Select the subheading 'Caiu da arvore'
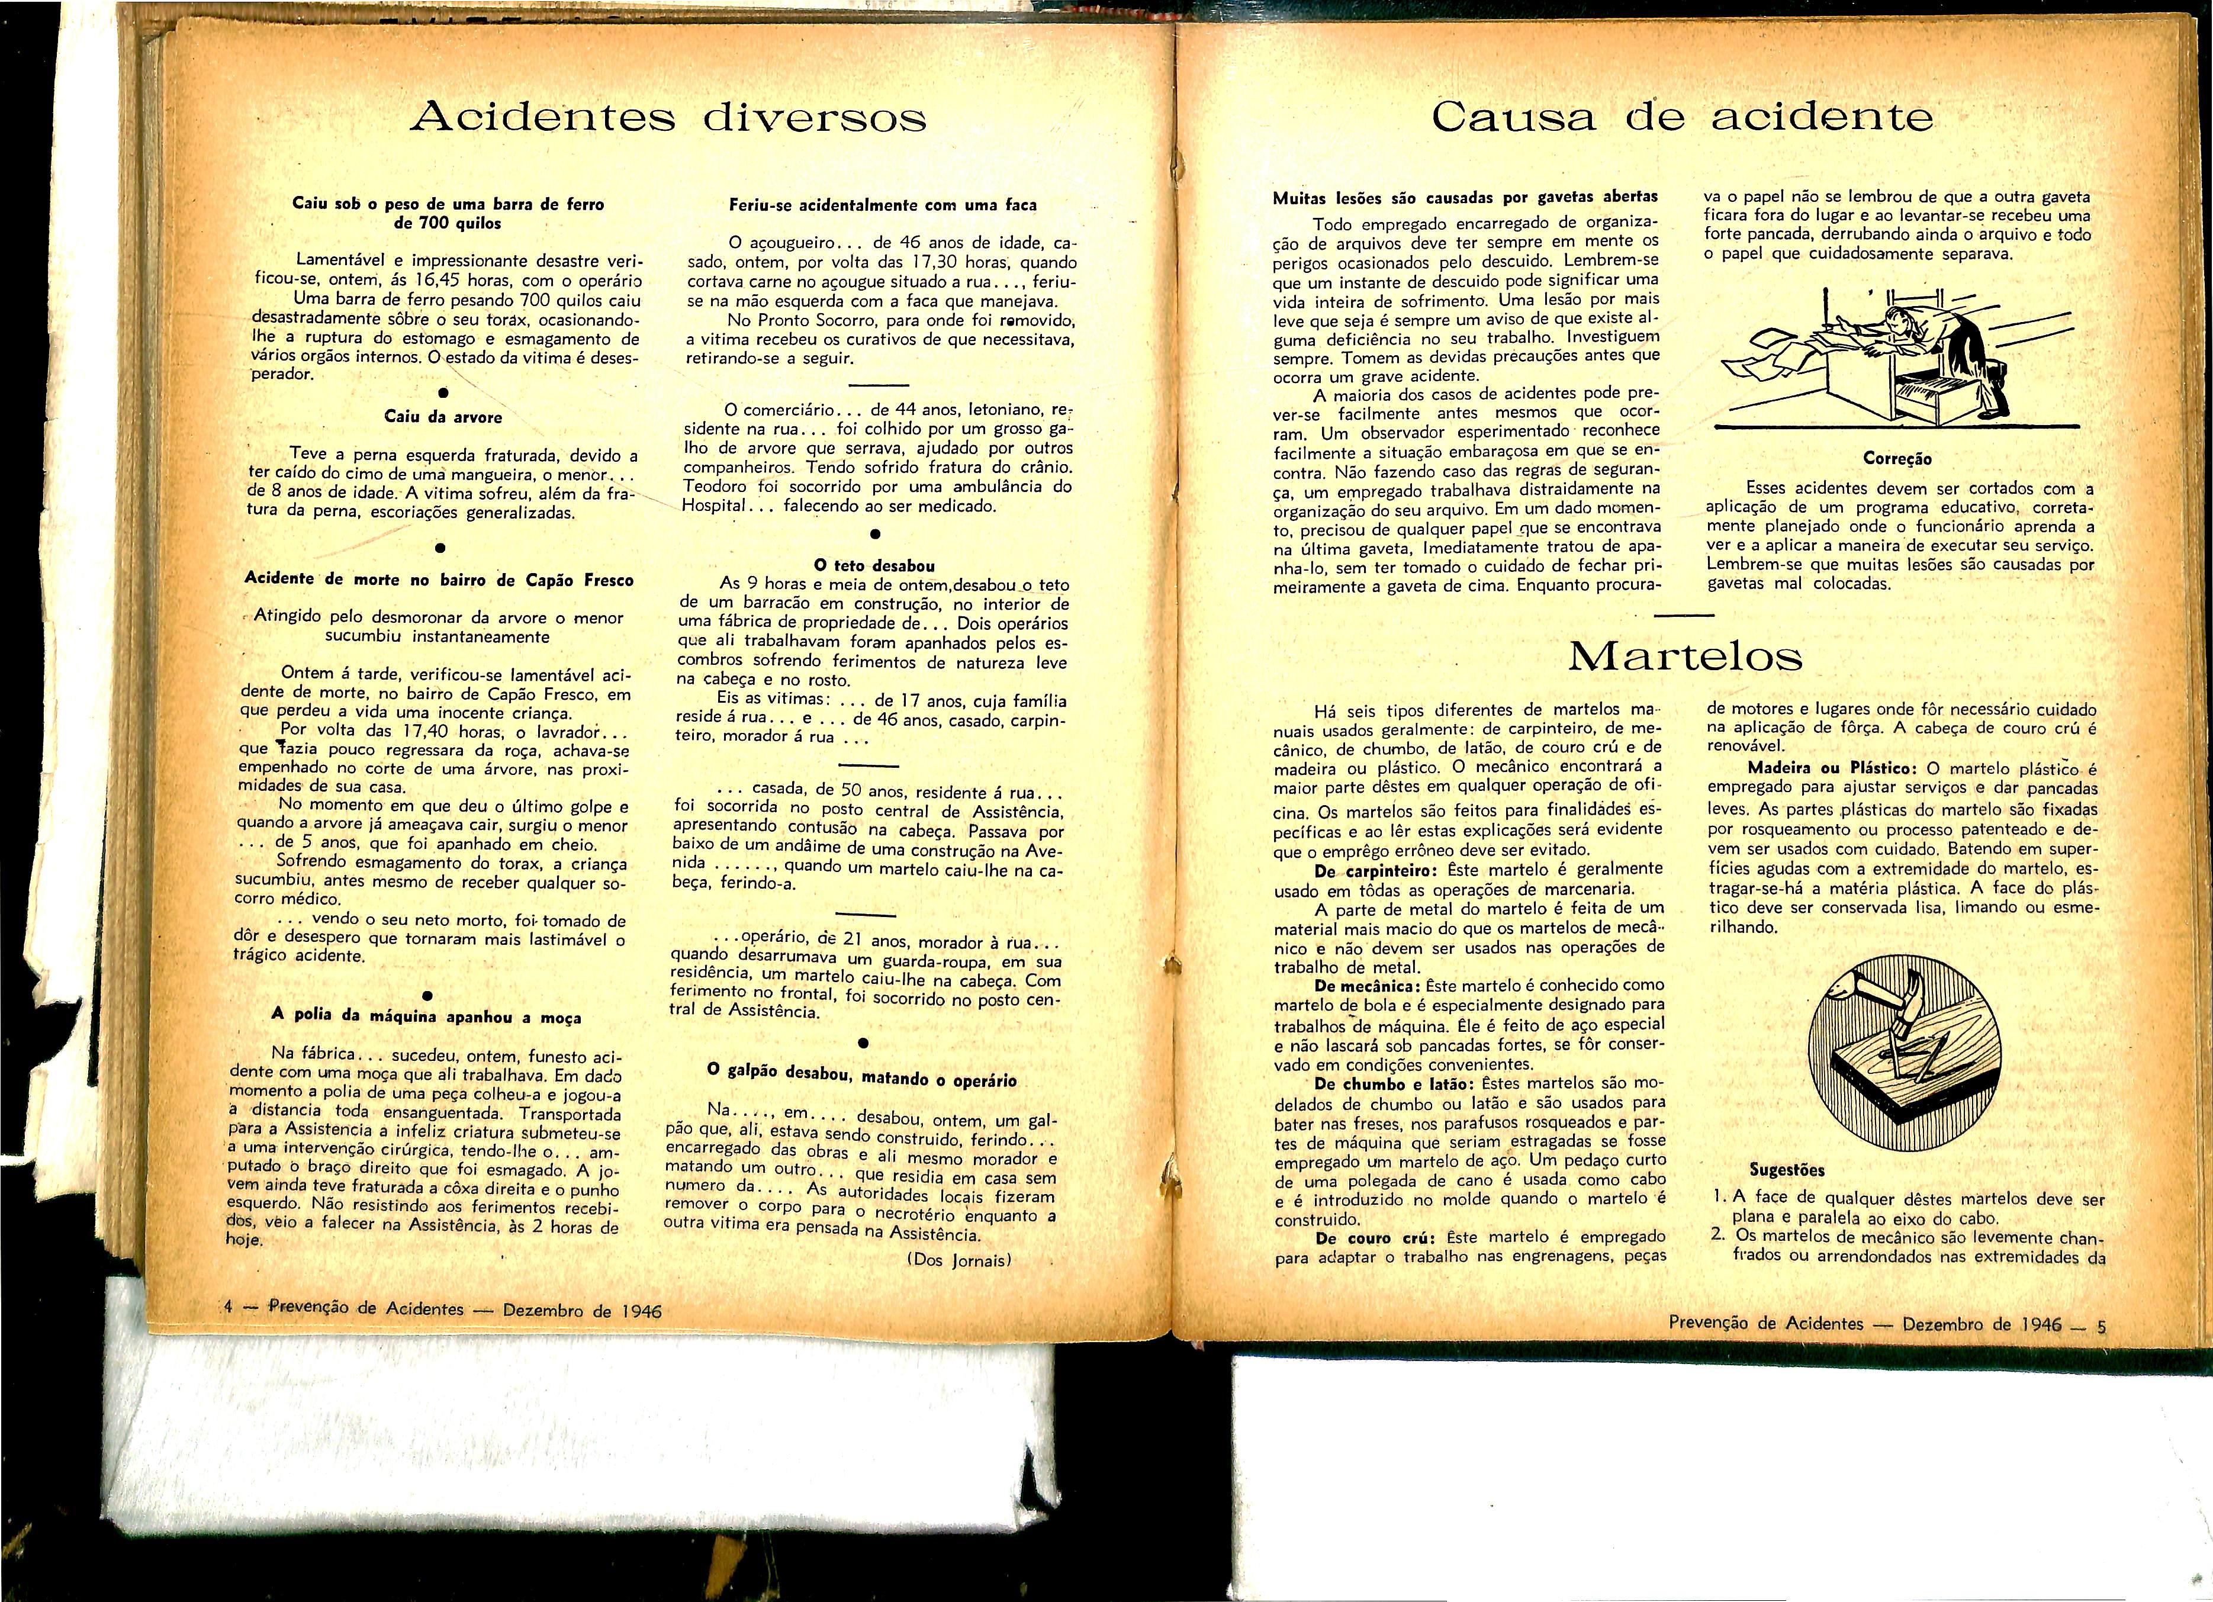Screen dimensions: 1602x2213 pos(443,417)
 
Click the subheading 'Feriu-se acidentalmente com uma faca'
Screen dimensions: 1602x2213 pos(883,205)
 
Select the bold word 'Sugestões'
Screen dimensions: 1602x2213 pos(1787,1170)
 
